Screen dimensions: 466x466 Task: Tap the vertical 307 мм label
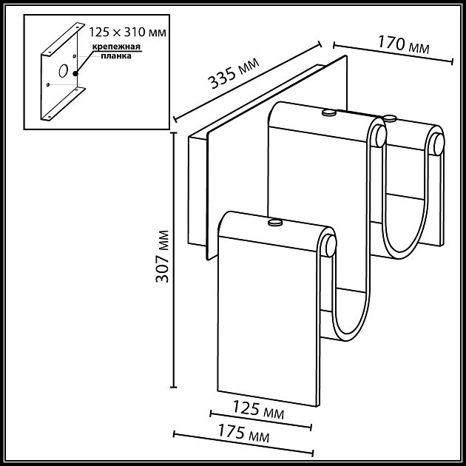(164, 257)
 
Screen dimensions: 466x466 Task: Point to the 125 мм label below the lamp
(258, 410)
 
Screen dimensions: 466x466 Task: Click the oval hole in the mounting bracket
(63, 71)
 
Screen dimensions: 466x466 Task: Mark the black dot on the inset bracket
(76, 72)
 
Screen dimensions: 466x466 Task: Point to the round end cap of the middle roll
(379, 135)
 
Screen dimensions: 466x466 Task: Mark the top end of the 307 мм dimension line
(175, 131)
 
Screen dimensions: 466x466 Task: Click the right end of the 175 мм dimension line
(314, 453)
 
